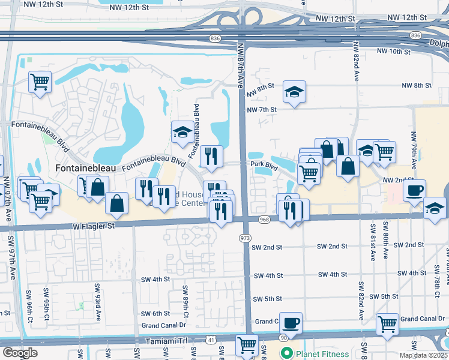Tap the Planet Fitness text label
pyautogui.click(x=321, y=353)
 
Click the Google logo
pyautogui.click(x=20, y=353)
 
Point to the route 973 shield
pyautogui.click(x=245, y=238)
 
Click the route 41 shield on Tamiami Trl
pyautogui.click(x=210, y=340)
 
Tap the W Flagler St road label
pyautogui.click(x=94, y=226)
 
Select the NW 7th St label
pyautogui.click(x=262, y=110)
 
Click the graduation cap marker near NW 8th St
pyautogui.click(x=294, y=92)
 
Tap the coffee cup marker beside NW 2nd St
pyautogui.click(x=414, y=191)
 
